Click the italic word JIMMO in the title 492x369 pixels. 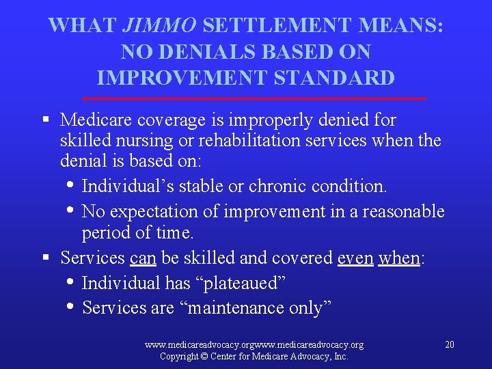pos(161,26)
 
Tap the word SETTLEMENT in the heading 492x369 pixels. pos(278,26)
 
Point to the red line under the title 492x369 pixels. pos(253,99)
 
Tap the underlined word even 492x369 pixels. pos(356,258)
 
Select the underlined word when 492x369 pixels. pos(399,258)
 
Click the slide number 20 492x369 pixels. pos(449,344)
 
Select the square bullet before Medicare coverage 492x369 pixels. pos(46,120)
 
